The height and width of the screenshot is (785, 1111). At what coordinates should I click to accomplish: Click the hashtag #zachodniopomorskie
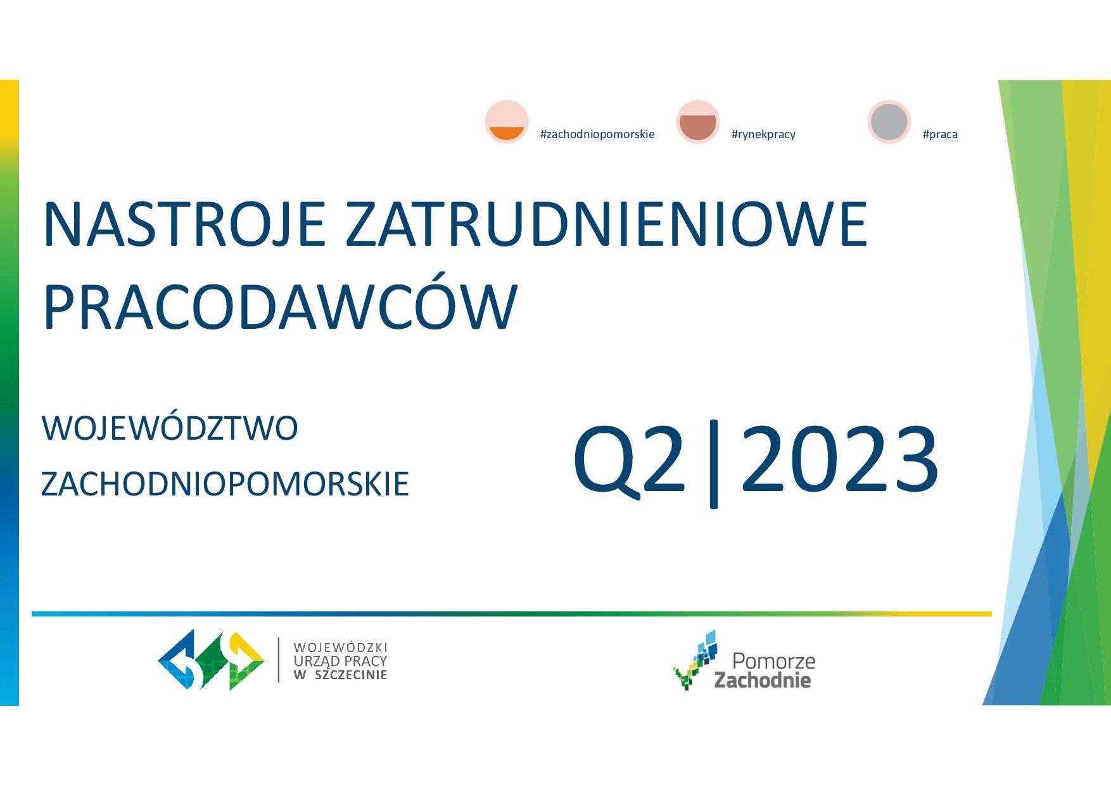(597, 134)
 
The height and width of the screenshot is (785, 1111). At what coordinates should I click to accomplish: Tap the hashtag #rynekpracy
(763, 134)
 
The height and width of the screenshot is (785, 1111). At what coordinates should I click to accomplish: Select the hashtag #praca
(940, 134)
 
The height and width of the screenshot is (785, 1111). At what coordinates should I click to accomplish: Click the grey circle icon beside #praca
(889, 122)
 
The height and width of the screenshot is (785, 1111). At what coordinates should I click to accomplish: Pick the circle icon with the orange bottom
(507, 122)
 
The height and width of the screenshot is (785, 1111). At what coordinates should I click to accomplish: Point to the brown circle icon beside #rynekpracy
(698, 122)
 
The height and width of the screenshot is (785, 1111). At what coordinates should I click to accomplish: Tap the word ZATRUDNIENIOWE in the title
(606, 224)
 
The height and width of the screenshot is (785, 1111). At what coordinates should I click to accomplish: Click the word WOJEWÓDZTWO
(170, 428)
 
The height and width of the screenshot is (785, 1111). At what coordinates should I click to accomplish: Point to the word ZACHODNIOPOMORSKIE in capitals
(225, 484)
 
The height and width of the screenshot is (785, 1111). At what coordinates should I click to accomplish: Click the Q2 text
(630, 459)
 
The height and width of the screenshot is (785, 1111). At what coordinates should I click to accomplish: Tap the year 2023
(840, 459)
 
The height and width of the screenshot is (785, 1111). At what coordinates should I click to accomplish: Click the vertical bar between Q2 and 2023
(714, 464)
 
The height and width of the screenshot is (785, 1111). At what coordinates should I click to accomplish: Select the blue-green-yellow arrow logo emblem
(211, 660)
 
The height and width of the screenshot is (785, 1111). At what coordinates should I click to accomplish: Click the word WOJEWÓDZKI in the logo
(340, 648)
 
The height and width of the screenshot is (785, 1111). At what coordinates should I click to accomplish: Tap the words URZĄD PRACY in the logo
(340, 661)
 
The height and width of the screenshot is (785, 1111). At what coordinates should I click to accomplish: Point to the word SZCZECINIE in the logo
(351, 675)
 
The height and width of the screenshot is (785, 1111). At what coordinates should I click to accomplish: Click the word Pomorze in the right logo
(773, 661)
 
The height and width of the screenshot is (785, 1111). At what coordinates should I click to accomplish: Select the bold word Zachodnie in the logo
(763, 680)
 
